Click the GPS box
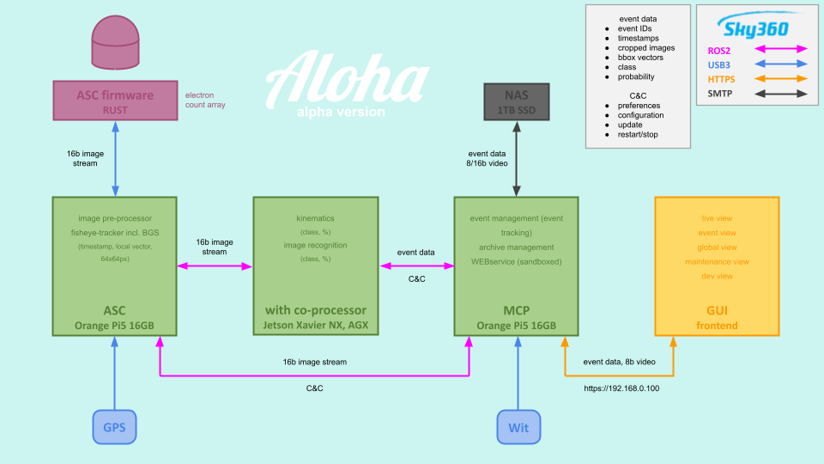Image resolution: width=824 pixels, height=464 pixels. click(x=114, y=426)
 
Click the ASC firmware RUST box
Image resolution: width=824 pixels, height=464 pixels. click(x=114, y=101)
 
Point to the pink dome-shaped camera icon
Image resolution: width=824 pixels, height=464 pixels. click(x=114, y=46)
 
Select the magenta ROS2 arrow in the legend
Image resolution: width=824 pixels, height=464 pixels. click(x=779, y=50)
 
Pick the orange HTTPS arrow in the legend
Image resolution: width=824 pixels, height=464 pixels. click(x=779, y=78)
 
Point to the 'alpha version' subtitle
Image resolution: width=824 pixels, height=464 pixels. click(x=341, y=112)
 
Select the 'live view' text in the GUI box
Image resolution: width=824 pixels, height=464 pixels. click(x=717, y=218)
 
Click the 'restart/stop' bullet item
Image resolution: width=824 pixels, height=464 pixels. click(x=637, y=135)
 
